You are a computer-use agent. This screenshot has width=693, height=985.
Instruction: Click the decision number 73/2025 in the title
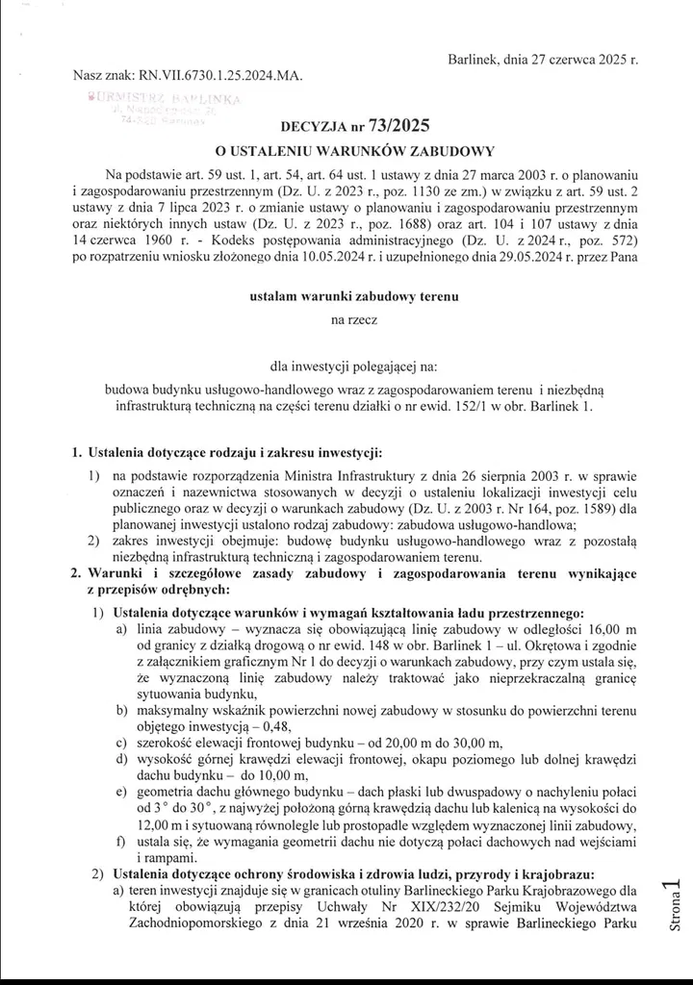coord(397,125)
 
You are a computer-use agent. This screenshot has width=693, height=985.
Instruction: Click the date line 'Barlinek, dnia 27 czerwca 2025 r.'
coord(544,60)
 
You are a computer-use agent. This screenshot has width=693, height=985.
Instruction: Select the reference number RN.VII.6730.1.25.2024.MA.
coord(216,75)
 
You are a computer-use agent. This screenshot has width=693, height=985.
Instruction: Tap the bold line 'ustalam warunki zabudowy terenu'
coord(346,298)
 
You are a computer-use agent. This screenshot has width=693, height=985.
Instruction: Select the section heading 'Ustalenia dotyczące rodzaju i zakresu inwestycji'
coord(236,452)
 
